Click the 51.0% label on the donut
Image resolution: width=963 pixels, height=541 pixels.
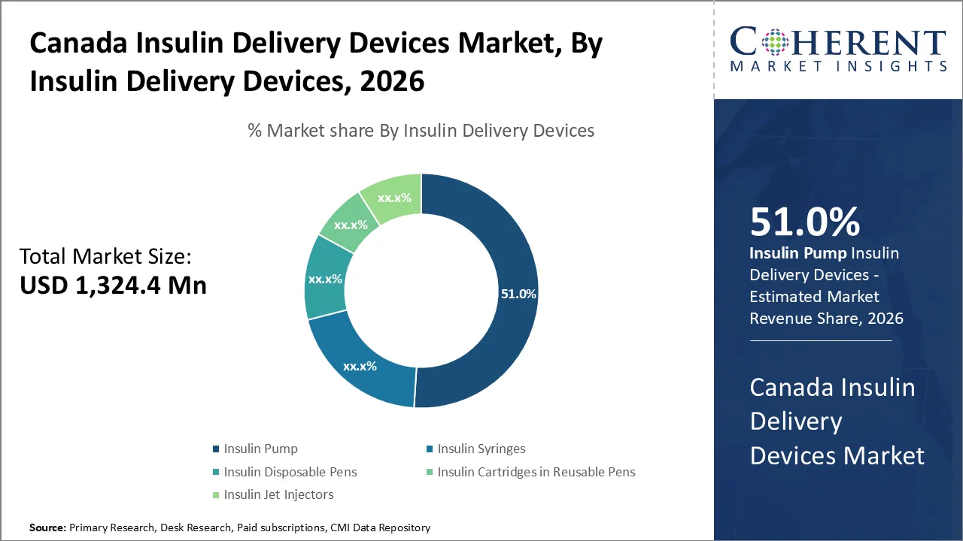click(518, 294)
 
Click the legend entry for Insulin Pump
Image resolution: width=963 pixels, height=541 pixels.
click(260, 449)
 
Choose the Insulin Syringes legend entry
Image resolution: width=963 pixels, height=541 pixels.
click(481, 449)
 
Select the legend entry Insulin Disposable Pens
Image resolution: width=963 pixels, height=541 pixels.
click(290, 472)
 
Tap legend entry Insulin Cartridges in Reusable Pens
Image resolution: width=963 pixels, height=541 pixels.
click(536, 472)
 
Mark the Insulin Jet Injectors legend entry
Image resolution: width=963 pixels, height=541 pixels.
click(278, 494)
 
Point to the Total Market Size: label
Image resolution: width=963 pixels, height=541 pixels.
click(105, 256)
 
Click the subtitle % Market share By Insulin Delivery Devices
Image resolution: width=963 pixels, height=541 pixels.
click(421, 131)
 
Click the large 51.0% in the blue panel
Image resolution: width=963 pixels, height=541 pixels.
click(804, 222)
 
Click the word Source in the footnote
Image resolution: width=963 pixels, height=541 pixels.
click(47, 528)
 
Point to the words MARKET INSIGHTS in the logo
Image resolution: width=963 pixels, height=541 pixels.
click(838, 66)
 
